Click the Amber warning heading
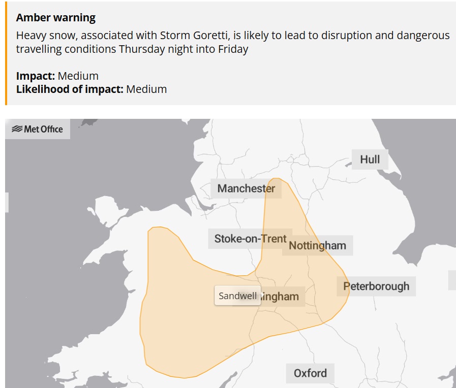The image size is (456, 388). [x=56, y=18]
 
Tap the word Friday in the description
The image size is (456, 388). [x=233, y=50]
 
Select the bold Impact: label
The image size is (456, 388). [x=36, y=76]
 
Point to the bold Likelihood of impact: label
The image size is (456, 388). [x=70, y=89]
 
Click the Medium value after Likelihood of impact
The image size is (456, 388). [x=146, y=89]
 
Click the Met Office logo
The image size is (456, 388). [x=38, y=129]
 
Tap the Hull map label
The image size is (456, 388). [x=370, y=159]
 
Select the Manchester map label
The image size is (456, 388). [x=246, y=188]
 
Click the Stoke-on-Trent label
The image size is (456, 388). [x=250, y=239]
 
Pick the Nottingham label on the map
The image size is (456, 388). [x=317, y=246]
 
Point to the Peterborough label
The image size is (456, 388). [x=376, y=286]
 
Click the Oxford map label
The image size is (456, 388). [x=310, y=373]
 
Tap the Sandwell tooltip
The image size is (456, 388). [x=237, y=296]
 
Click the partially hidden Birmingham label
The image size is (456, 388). [x=282, y=297]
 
